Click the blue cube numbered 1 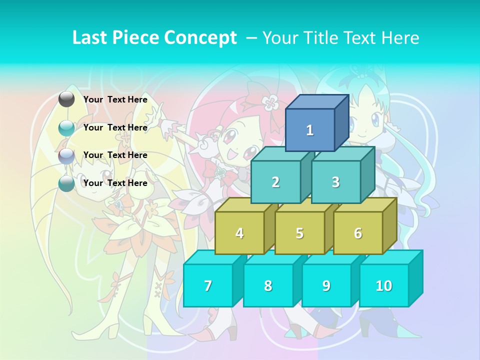point(310,130)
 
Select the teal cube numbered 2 point(275,182)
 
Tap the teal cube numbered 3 point(335,182)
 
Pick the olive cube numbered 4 point(239,233)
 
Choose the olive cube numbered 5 point(299,233)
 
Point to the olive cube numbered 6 point(358,233)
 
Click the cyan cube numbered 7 point(208,285)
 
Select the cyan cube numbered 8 point(268,285)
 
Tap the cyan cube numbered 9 point(326,285)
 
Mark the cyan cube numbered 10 point(384,285)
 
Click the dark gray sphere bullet point(66,99)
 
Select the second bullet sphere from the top point(66,128)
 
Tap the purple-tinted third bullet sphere point(66,156)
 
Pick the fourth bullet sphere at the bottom point(66,183)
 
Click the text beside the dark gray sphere point(115,99)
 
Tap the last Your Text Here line point(115,183)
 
